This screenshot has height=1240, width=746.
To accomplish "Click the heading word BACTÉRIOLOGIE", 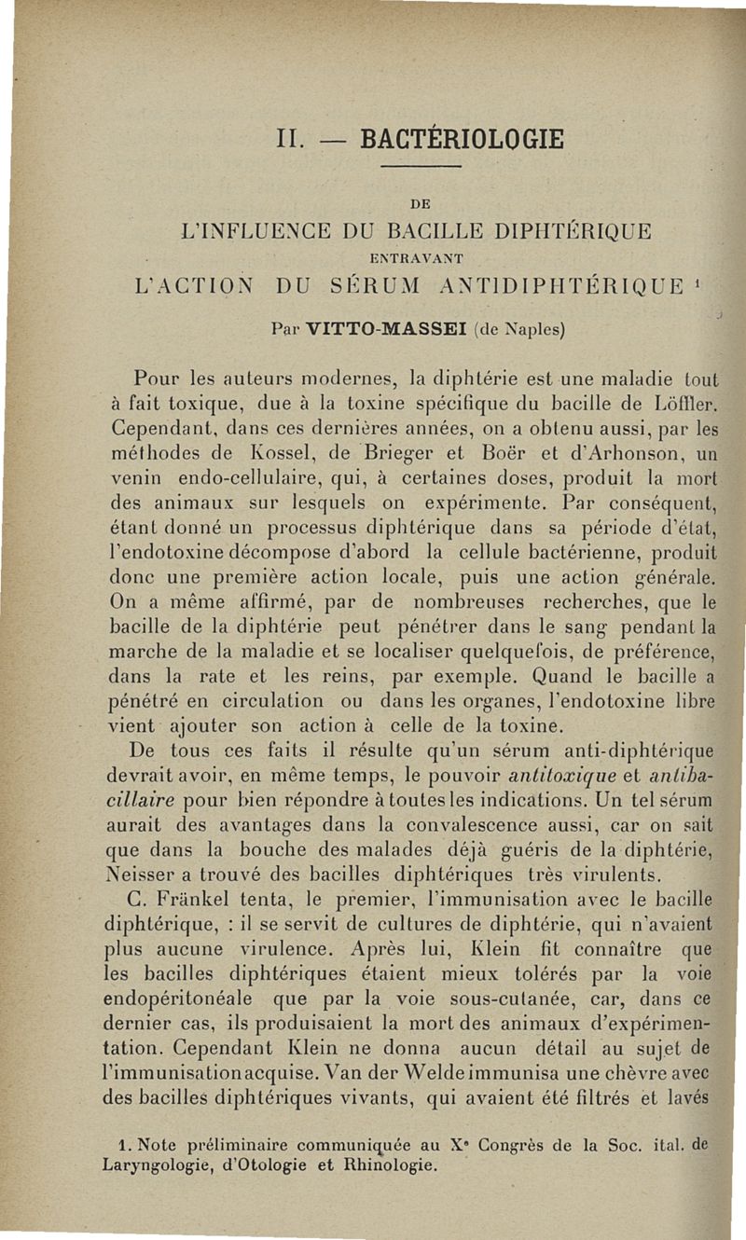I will coord(462,138).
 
